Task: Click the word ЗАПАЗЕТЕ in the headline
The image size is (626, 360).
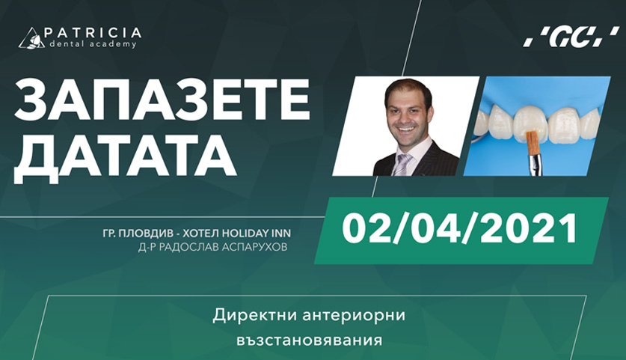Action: [162, 100]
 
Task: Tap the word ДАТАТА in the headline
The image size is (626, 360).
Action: [126, 156]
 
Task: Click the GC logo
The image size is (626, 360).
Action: [571, 37]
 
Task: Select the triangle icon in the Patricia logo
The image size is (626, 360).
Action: [32, 38]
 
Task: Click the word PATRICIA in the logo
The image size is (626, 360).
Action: [92, 32]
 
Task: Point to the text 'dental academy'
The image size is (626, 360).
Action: [93, 44]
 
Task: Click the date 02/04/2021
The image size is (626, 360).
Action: [459, 229]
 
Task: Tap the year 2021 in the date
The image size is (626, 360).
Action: [529, 229]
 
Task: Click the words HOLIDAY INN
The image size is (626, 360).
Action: [257, 233]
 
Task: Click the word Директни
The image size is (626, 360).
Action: [255, 315]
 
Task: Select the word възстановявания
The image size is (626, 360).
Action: [310, 341]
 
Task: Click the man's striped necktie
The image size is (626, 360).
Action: [401, 165]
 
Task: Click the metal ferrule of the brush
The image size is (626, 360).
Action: [533, 164]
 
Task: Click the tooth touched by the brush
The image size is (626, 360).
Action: [529, 123]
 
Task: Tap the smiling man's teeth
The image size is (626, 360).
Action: [407, 129]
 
